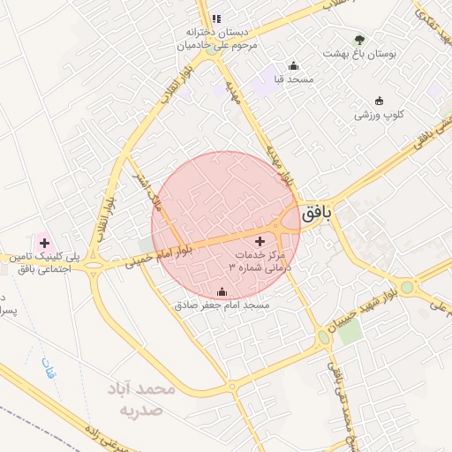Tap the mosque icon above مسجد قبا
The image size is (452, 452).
[294, 66]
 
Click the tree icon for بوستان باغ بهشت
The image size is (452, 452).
[358, 40]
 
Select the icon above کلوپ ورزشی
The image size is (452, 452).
[380, 100]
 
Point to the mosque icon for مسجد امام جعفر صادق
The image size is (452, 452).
[222, 292]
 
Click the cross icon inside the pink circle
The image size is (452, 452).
[260, 241]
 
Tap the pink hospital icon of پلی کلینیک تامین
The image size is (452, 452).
[43, 242]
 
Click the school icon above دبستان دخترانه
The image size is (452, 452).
[216, 18]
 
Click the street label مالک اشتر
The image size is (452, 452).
[147, 192]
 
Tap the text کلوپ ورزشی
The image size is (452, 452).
[380, 114]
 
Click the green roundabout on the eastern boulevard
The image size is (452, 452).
[407, 287]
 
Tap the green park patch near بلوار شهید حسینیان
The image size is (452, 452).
[350, 332]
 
